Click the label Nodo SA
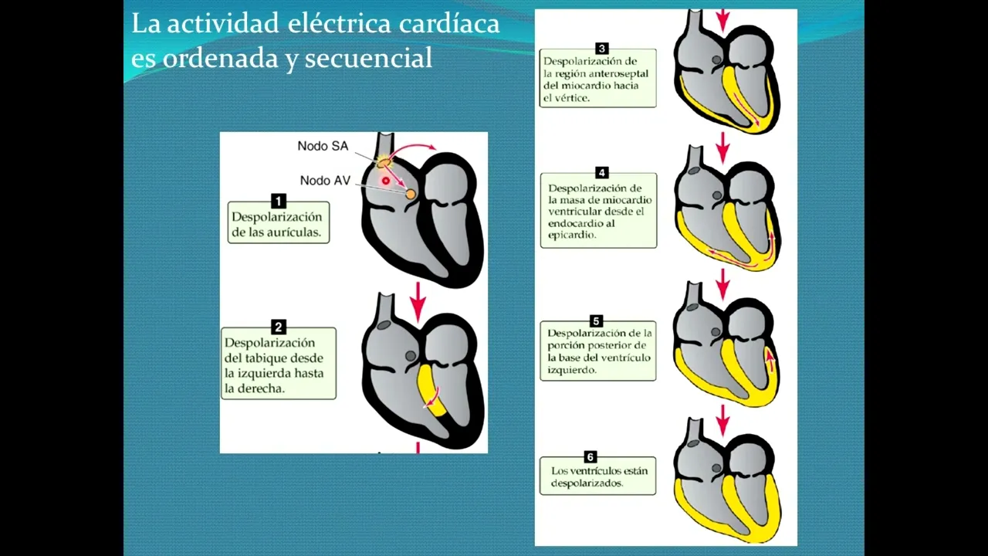323,146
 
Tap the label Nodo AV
325,181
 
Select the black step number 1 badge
279,202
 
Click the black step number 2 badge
279,327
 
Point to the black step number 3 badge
601,48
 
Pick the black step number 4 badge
601,172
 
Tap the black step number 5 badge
596,320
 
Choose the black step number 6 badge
590,456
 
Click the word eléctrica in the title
339,23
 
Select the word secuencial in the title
368,58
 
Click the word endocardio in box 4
570,223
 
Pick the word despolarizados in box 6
587,483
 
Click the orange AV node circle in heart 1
411,194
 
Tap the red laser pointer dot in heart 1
386,181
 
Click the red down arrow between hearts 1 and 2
418,302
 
